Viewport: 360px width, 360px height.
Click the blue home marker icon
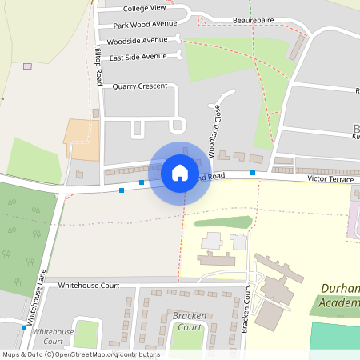click(x=180, y=172)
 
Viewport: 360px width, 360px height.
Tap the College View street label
click(x=146, y=8)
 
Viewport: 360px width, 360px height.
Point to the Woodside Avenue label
click(x=137, y=40)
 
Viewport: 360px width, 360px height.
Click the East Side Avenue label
click(x=138, y=57)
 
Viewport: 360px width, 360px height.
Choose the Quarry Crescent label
click(x=140, y=86)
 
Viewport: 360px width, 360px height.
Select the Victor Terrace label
click(x=330, y=181)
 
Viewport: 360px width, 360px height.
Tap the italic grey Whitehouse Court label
click(x=54, y=336)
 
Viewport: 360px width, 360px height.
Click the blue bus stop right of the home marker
click(x=252, y=173)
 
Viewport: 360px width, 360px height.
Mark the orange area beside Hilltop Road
click(x=80, y=138)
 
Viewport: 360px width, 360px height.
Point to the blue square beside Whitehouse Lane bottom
click(x=23, y=327)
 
